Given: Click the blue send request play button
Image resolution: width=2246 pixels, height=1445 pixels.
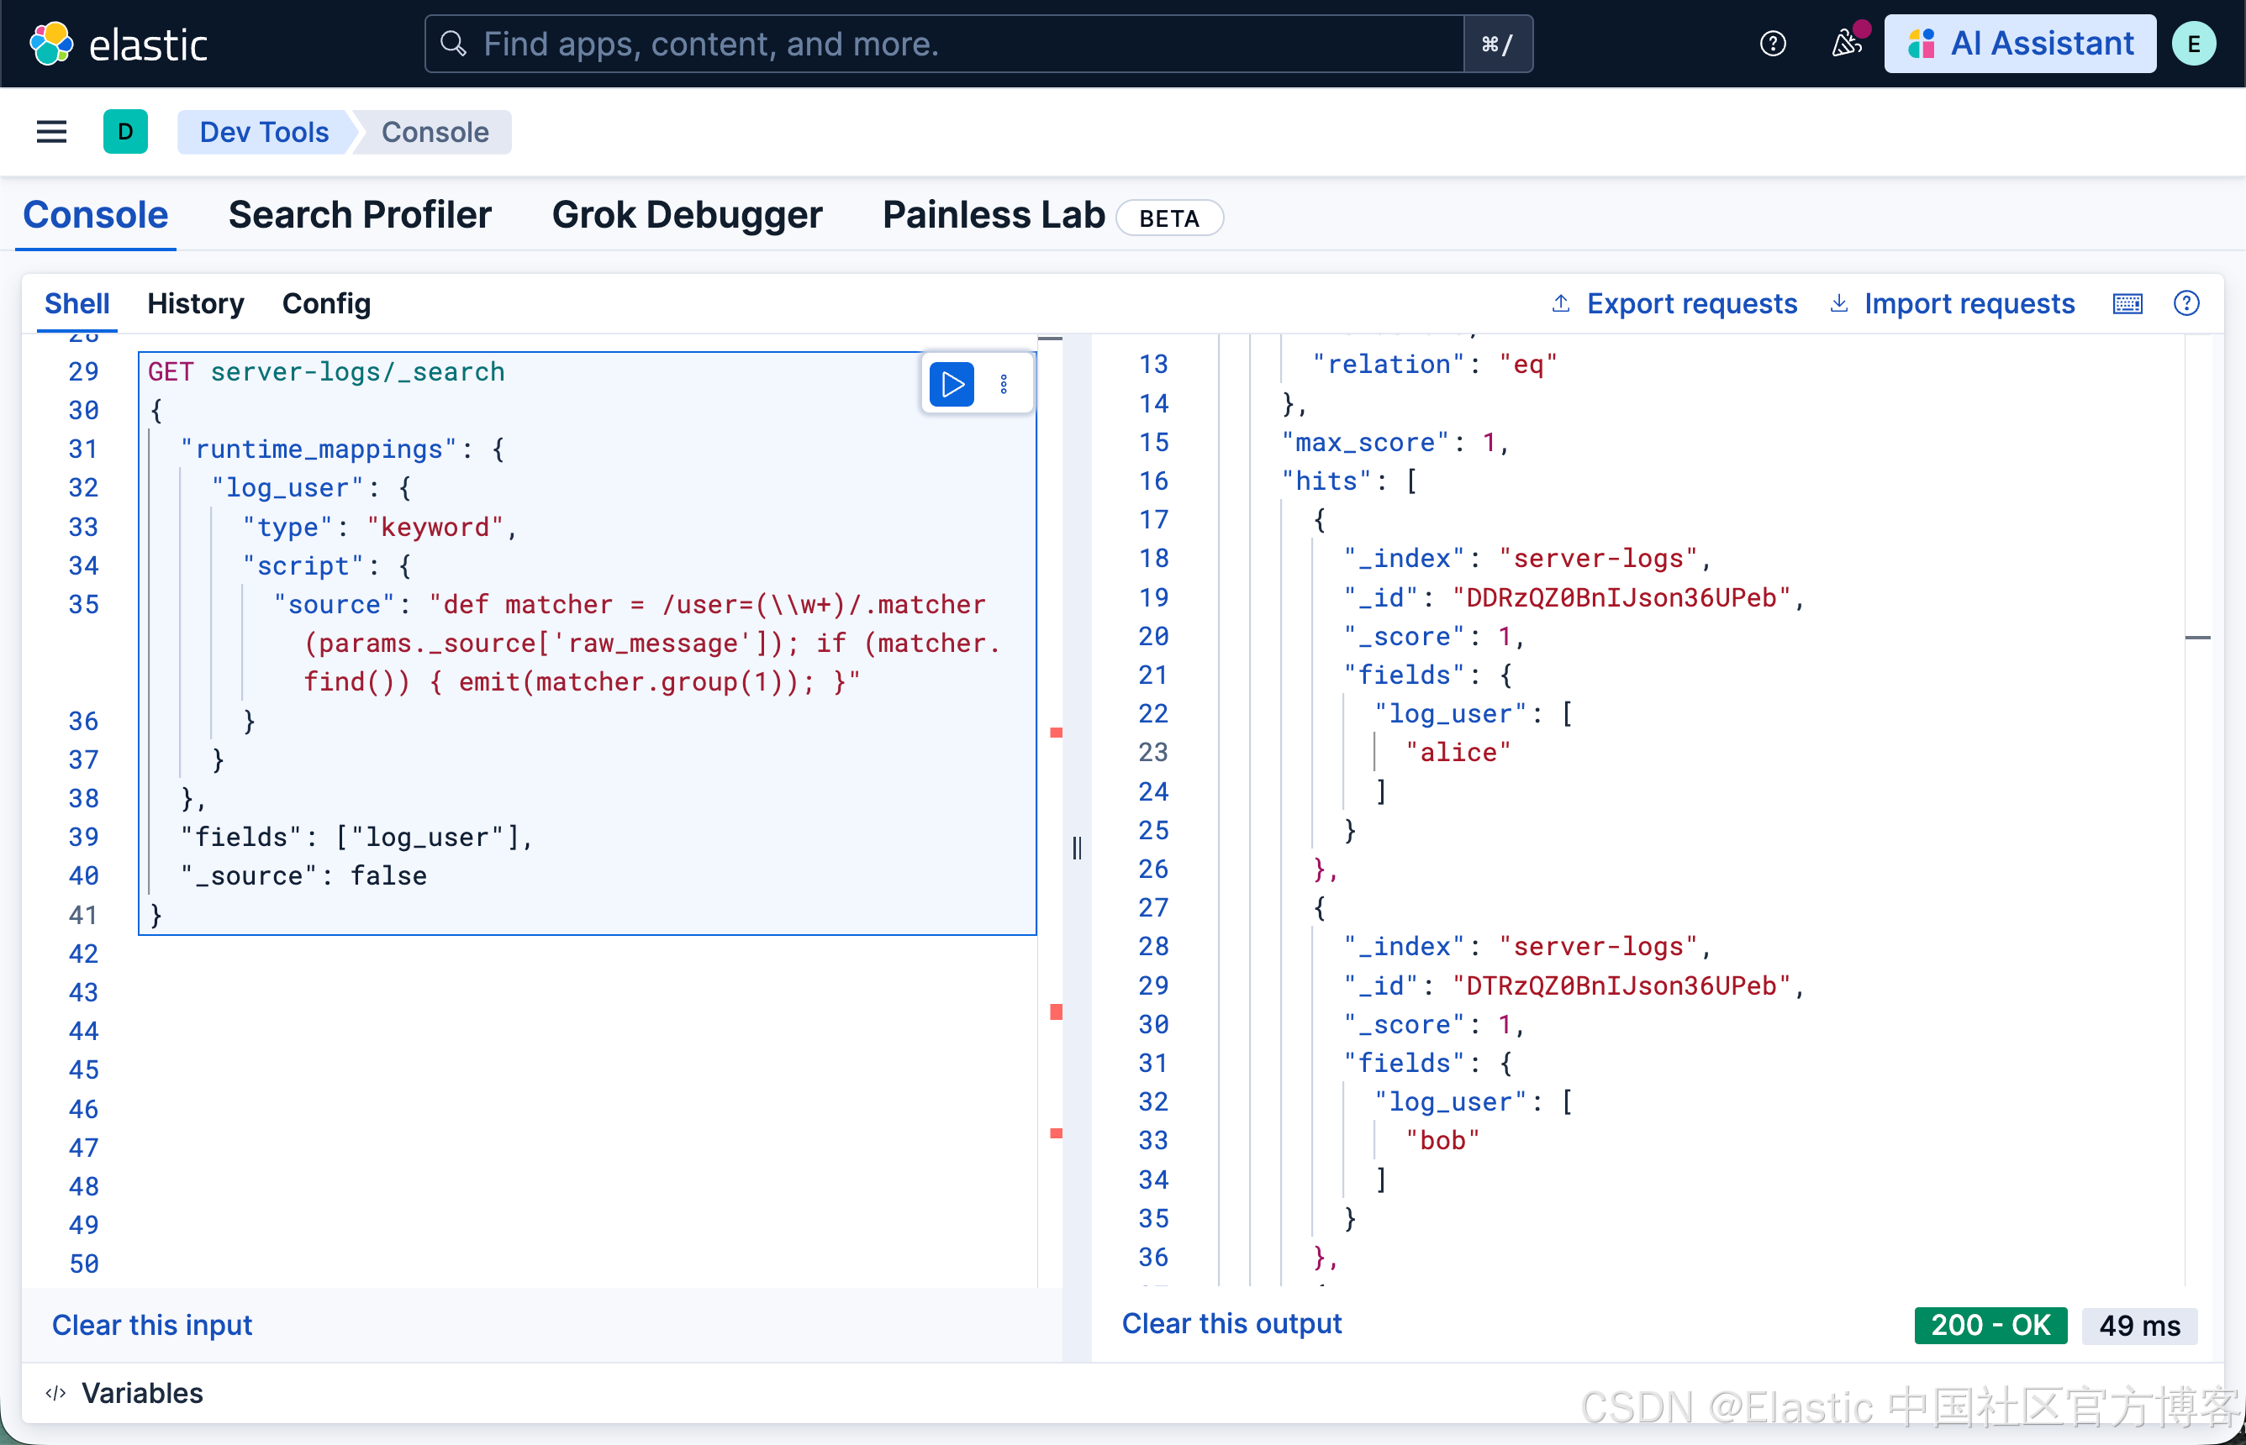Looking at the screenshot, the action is pos(951,385).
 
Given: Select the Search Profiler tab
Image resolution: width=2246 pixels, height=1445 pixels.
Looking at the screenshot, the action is pos(360,215).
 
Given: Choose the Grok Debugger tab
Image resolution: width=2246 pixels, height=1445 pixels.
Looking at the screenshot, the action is pos(686,215).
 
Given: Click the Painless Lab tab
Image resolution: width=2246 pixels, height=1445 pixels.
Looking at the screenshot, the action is pos(993,215).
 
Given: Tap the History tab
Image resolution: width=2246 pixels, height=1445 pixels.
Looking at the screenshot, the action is pos(195,304).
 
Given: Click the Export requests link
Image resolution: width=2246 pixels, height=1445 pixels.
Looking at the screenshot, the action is pos(1690,304).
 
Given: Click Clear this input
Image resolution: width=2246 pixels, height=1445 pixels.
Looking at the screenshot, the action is pos(152,1324).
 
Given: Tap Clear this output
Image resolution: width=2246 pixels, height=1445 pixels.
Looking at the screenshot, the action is pos(1231,1323).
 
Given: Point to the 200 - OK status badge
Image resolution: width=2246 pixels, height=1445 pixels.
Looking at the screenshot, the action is pos(1990,1325).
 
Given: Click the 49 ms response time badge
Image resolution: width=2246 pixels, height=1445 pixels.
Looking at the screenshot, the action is pos(2139,1325).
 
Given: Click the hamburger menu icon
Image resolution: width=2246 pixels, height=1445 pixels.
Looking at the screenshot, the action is pos(51,132).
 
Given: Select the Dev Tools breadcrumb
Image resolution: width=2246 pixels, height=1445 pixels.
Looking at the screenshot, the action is pos(264,132).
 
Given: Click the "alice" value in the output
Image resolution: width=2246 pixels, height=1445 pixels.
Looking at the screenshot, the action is pos(1458,753).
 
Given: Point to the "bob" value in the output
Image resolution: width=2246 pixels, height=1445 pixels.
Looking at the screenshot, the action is pos(1442,1140).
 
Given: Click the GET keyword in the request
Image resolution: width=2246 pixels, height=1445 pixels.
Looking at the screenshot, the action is pos(170,371).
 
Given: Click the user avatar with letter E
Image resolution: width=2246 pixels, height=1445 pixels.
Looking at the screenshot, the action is pos(2193,44).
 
